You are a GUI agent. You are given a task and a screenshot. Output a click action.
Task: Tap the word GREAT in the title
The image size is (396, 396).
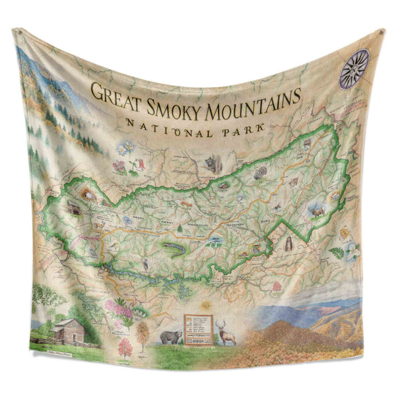coord(114,92)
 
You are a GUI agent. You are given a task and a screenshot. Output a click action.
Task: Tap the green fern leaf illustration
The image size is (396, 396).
coord(336,252)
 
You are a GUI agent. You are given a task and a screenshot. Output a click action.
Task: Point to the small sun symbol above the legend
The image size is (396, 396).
coord(206,305)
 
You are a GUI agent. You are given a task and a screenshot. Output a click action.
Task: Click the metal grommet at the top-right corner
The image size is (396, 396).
coord(381,31)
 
